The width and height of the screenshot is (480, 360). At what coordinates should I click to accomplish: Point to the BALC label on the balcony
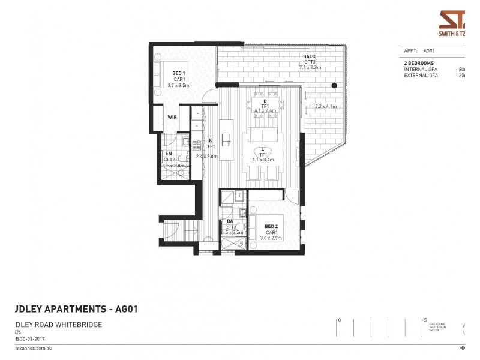309,56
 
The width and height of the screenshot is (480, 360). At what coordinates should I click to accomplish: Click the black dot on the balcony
334,86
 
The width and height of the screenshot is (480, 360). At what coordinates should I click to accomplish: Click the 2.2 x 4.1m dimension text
326,107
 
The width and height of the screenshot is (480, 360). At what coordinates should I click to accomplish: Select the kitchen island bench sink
226,142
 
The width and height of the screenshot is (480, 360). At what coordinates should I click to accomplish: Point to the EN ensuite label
169,154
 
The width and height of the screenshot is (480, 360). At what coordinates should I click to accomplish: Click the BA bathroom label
230,221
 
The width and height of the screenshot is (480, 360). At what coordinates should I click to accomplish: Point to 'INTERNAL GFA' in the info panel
420,70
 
